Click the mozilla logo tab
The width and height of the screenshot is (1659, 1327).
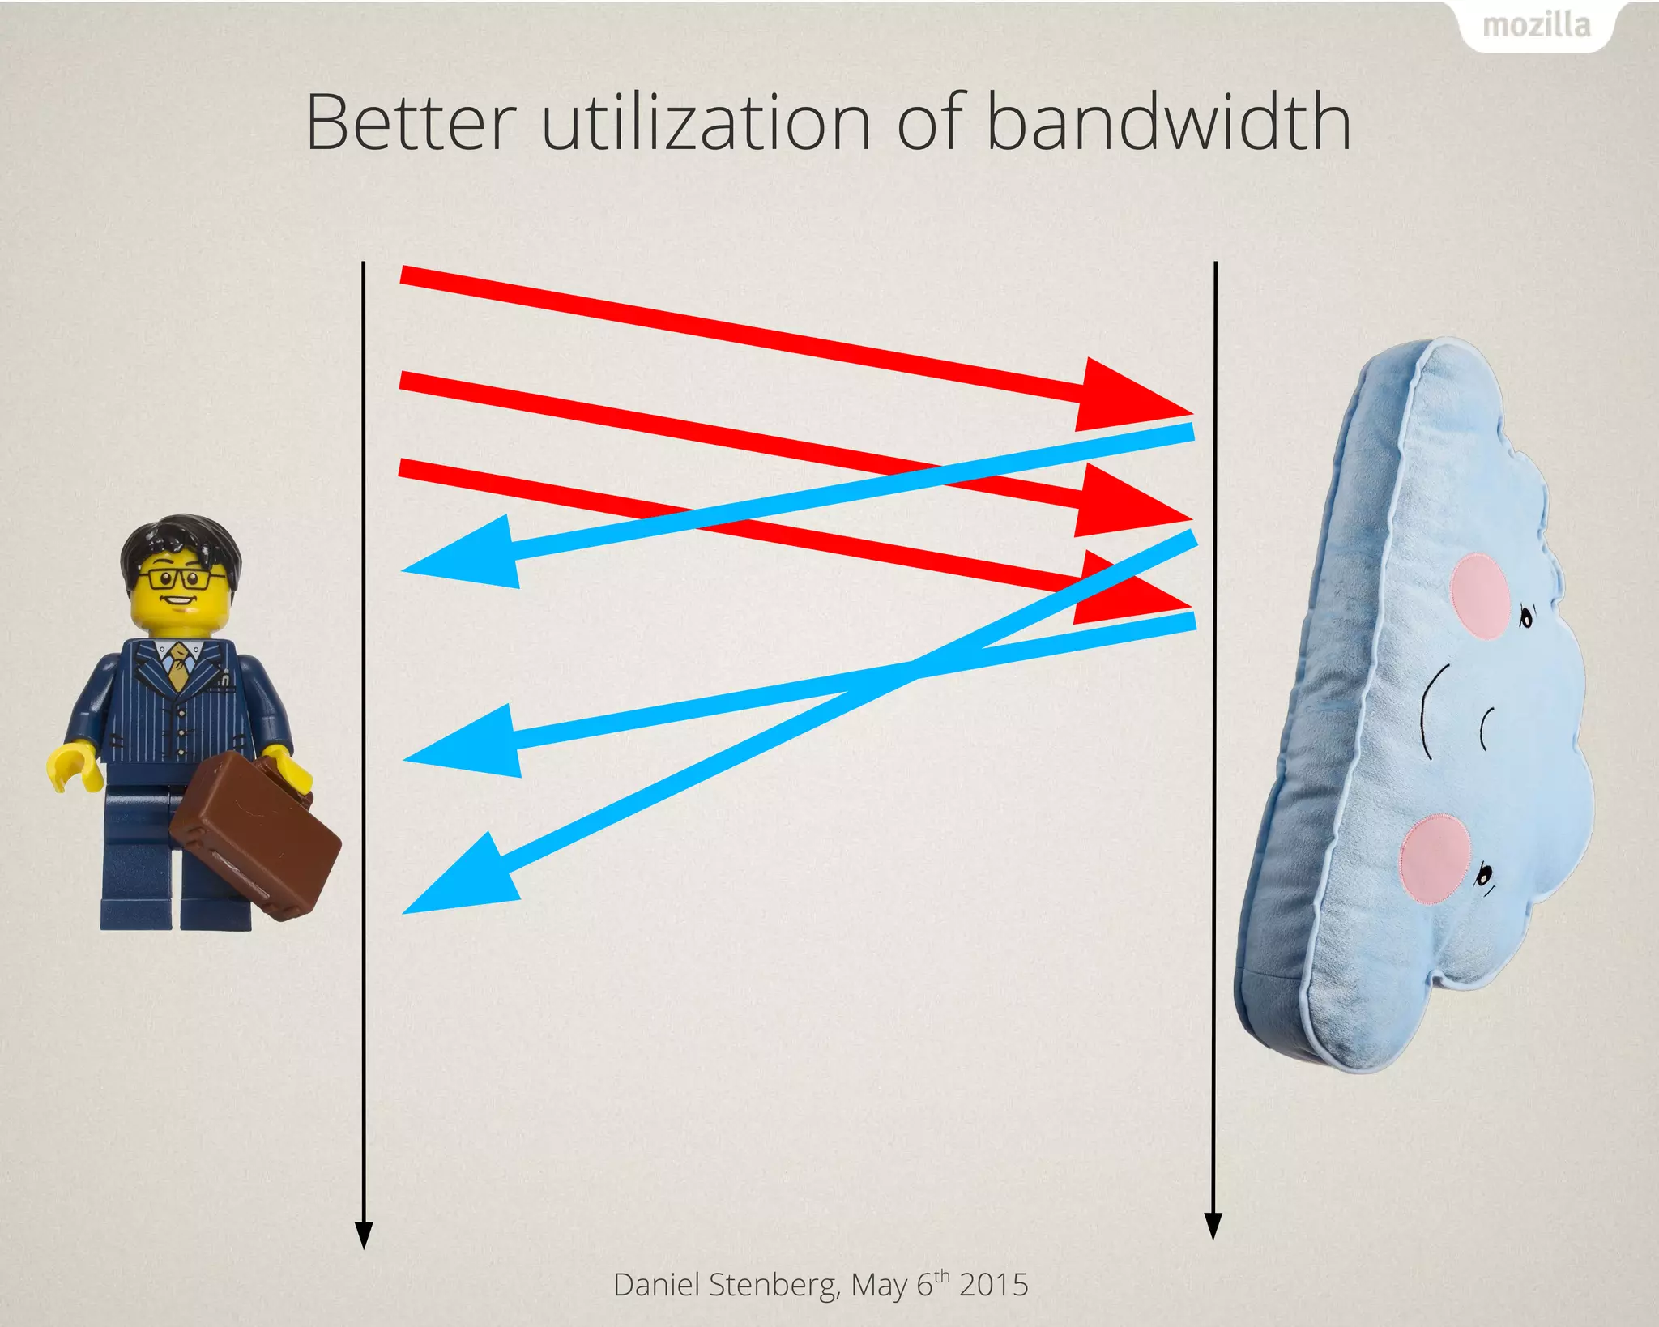pos(1536,26)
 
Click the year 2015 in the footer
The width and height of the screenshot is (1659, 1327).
pos(994,1285)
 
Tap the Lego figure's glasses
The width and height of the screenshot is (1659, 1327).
pos(180,578)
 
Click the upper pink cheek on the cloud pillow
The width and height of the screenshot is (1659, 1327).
pos(1479,597)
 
